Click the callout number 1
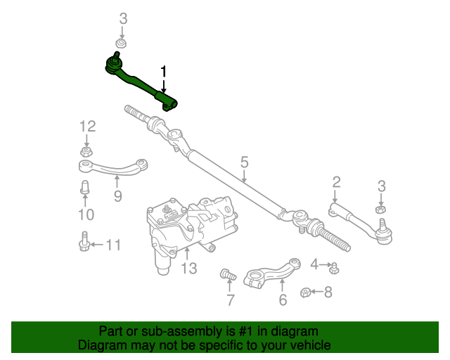(x=164, y=72)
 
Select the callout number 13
(x=188, y=268)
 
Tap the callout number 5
(x=244, y=162)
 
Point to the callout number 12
(x=87, y=127)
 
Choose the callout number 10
(x=85, y=214)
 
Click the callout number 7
(x=230, y=300)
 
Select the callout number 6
(x=283, y=300)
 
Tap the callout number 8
(x=328, y=291)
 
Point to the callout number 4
(x=314, y=264)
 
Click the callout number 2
(x=336, y=183)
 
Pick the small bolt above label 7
(x=227, y=274)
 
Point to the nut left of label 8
(x=305, y=292)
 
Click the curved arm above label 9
(x=112, y=168)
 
